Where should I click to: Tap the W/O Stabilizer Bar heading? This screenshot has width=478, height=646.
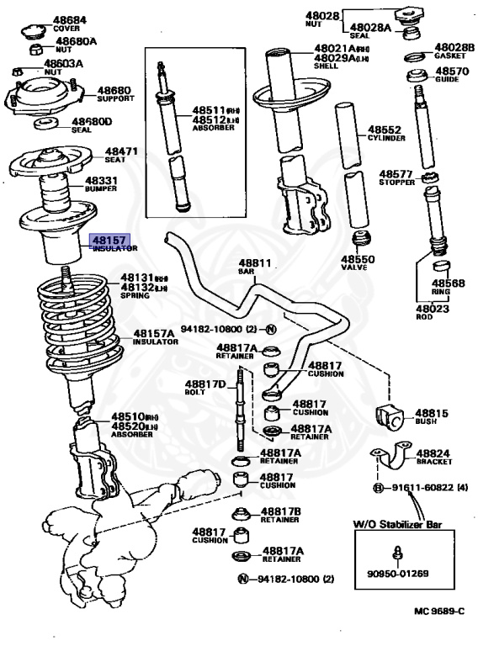pos(398,525)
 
